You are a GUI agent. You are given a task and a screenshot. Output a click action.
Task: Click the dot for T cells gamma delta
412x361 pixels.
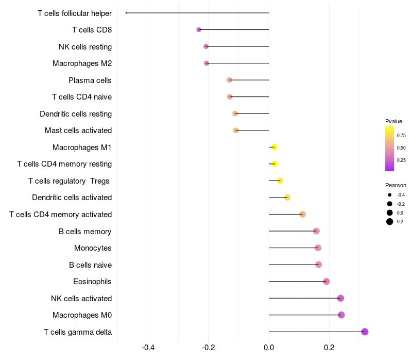(365, 332)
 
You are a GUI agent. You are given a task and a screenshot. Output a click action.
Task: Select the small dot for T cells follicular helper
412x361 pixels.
(126, 13)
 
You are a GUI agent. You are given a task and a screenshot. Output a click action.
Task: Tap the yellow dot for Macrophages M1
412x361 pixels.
(274, 147)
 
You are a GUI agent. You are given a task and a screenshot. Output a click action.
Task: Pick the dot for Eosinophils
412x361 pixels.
(326, 282)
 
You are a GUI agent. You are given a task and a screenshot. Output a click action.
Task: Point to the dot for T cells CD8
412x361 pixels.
(199, 30)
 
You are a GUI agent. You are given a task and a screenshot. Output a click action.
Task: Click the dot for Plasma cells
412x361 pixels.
(230, 80)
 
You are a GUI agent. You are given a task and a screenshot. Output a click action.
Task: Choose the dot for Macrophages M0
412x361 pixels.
(341, 315)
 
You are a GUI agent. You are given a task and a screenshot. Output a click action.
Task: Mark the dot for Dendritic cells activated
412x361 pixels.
(287, 198)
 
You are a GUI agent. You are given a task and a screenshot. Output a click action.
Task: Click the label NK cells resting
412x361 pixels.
(85, 47)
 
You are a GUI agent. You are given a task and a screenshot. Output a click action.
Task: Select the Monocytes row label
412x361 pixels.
(93, 248)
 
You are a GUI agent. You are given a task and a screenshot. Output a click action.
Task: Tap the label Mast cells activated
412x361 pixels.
(78, 130)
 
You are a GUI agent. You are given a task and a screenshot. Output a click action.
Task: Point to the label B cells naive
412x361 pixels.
(90, 265)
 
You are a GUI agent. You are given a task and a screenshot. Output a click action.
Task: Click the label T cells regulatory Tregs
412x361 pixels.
(70, 181)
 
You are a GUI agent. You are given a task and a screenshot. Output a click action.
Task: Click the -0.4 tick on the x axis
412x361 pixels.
(148, 348)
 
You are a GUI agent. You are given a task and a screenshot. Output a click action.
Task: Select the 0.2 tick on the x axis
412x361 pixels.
(329, 348)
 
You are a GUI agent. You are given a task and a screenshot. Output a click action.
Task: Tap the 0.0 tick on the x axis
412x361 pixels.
(269, 348)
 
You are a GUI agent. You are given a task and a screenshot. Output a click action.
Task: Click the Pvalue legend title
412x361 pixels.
(393, 121)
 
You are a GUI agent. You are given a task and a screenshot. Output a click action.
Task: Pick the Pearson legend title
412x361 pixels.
(396, 185)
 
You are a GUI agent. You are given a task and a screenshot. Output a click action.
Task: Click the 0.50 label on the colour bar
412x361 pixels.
(401, 148)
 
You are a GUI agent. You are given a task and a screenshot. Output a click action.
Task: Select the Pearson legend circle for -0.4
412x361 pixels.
(390, 195)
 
